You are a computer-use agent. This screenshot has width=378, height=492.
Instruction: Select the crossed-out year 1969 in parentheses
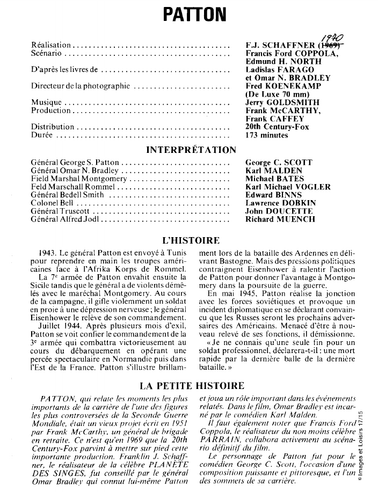(x=332, y=45)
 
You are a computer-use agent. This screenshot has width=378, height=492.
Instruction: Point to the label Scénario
(x=47, y=53)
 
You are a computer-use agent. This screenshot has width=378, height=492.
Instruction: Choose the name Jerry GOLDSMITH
(x=274, y=102)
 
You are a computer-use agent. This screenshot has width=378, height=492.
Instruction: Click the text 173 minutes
(x=267, y=135)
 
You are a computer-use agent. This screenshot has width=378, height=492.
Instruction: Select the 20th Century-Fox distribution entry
(x=278, y=127)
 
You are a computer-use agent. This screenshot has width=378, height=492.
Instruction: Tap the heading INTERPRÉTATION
(x=191, y=150)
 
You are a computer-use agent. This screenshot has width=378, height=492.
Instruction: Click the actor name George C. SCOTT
(x=279, y=162)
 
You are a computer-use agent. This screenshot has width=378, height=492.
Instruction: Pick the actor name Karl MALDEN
(x=274, y=171)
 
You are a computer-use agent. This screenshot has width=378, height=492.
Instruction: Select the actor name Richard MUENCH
(x=280, y=219)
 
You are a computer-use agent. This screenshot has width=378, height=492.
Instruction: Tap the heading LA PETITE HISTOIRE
(x=192, y=386)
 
